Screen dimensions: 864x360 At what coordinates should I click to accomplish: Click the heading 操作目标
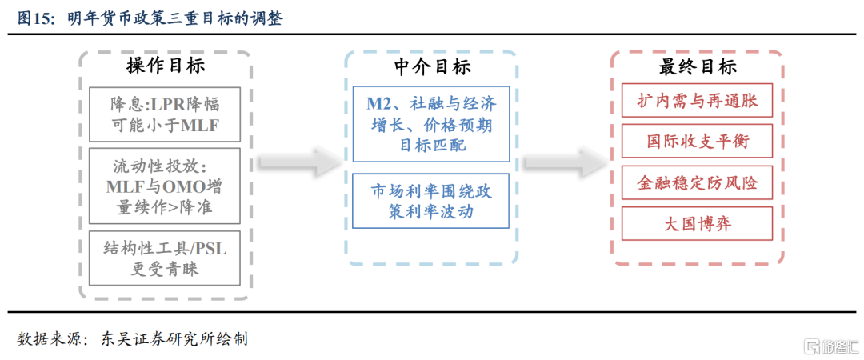coord(166,66)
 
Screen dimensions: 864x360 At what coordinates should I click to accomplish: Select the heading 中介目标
coord(433,66)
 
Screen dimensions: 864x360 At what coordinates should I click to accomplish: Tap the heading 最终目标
coord(698,66)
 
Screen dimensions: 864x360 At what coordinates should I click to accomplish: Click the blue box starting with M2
coord(431,123)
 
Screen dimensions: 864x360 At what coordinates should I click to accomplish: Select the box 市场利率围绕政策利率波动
coord(431,201)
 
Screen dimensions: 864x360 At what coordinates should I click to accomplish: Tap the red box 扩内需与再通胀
coord(697,101)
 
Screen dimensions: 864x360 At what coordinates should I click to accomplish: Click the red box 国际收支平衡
coord(697,142)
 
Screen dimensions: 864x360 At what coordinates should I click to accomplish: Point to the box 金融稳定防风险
coord(697,182)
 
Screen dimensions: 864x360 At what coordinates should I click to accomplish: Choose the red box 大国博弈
coord(697,223)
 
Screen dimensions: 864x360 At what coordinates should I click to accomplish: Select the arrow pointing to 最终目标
coord(564,161)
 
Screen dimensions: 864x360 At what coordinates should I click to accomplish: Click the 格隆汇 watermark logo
coord(832,346)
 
